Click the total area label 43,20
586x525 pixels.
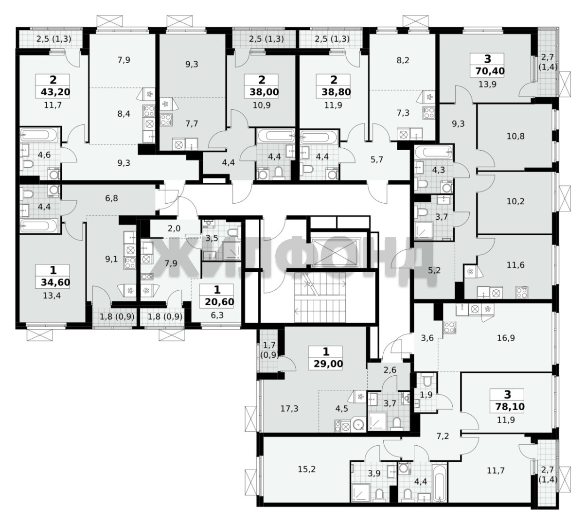pyautogui.click(x=55, y=92)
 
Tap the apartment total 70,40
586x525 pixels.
pyautogui.click(x=490, y=71)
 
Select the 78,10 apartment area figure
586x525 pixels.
pyautogui.click(x=510, y=407)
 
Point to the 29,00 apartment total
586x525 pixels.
pyautogui.click(x=329, y=364)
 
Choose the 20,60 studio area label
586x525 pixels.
pyautogui.click(x=219, y=302)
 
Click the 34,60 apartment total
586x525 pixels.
pyautogui.click(x=55, y=282)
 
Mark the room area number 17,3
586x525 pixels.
pyautogui.click(x=289, y=408)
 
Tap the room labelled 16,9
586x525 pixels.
pyautogui.click(x=506, y=338)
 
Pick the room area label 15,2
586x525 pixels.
pyautogui.click(x=306, y=469)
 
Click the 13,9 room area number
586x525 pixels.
pyautogui.click(x=487, y=85)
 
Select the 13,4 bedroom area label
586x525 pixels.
pyautogui.click(x=52, y=296)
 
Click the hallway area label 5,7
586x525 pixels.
pyautogui.click(x=376, y=159)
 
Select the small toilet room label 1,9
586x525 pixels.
pyautogui.click(x=426, y=395)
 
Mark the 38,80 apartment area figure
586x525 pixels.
pyautogui.click(x=336, y=92)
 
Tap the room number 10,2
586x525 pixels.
pyautogui.click(x=515, y=201)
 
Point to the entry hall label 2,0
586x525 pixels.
pyautogui.click(x=174, y=228)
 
